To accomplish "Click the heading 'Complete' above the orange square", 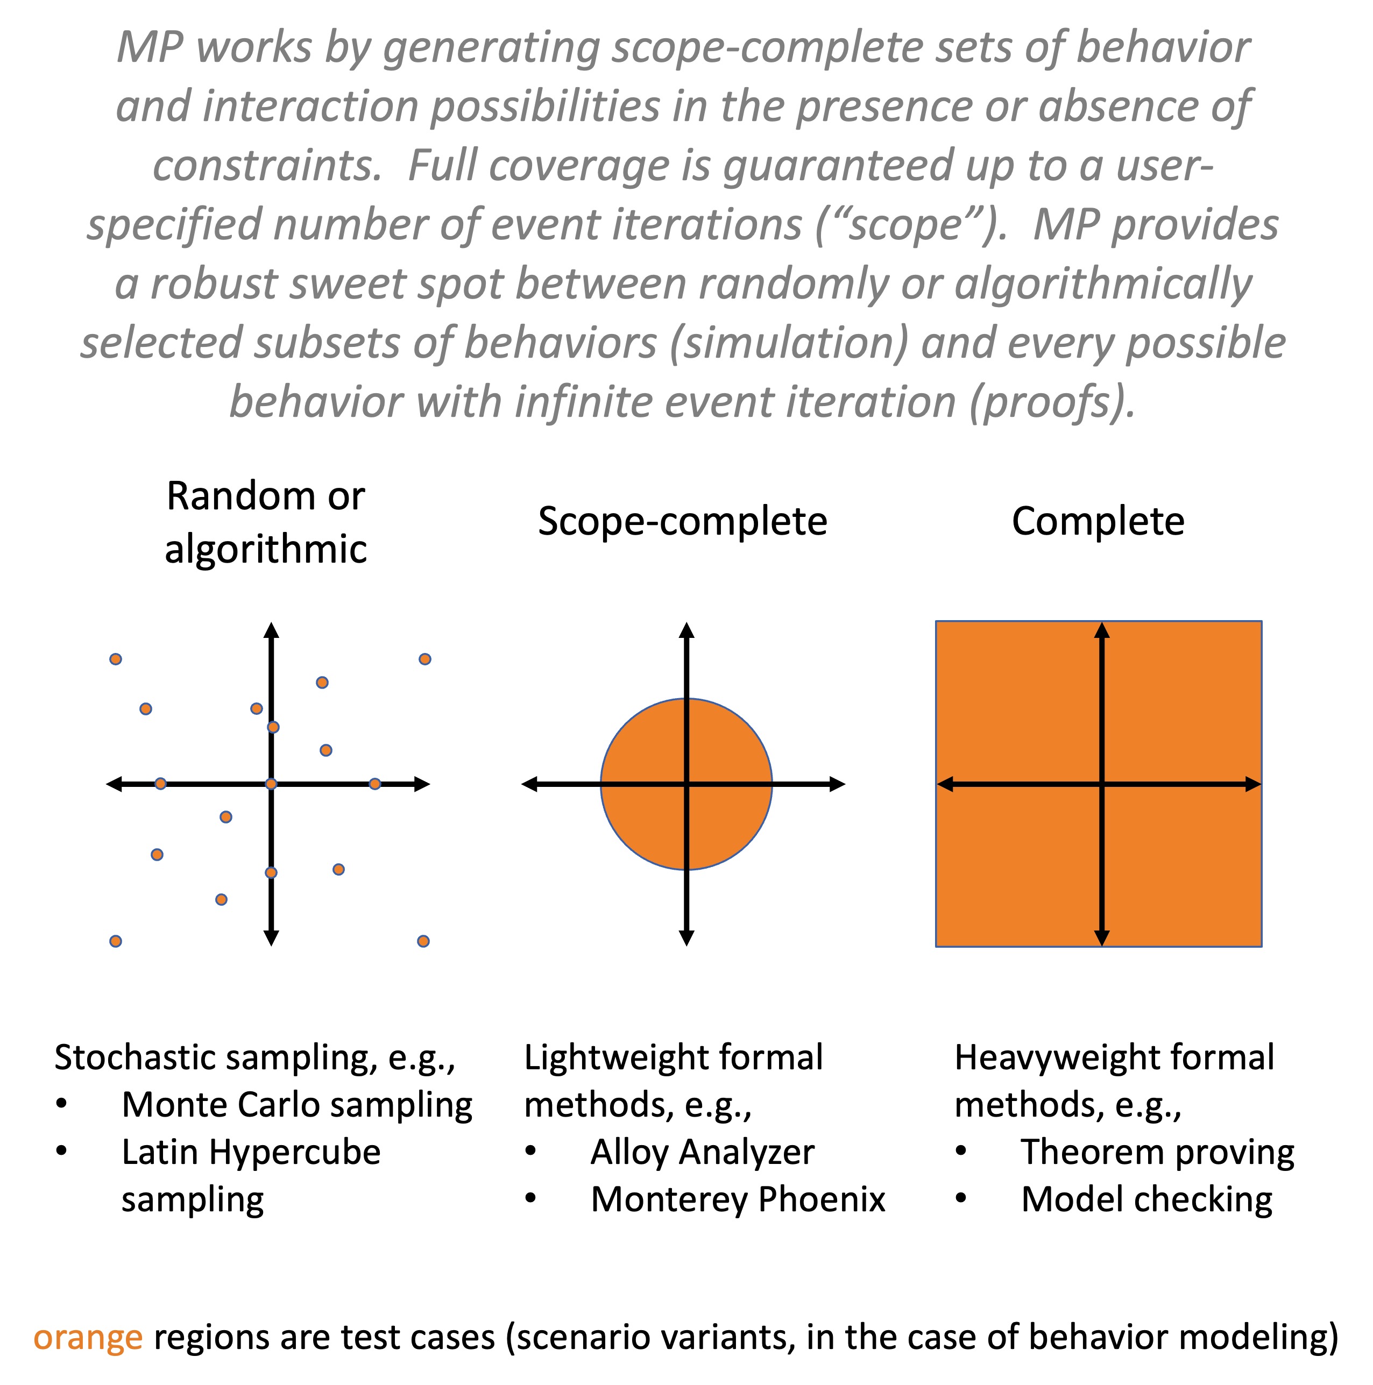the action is (x=1098, y=522).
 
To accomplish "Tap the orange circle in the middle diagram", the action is (x=686, y=784).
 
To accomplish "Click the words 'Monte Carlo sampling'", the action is (x=297, y=1105).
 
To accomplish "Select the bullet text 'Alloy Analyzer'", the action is (x=702, y=1152).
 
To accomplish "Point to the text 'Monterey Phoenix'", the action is (x=738, y=1199).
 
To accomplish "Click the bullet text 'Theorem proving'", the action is (x=1157, y=1152).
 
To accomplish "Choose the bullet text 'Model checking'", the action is (x=1146, y=1199).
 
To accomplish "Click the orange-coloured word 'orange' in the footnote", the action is (x=88, y=1338).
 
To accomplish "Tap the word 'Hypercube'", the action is (x=295, y=1152).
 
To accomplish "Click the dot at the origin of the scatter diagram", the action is (x=271, y=784).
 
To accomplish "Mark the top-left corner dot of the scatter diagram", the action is (x=116, y=659).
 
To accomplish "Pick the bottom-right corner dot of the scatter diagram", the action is (x=423, y=941).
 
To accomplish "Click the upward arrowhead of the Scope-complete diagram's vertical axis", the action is (x=686, y=630).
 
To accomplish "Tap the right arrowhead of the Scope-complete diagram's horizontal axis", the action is (x=838, y=784).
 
